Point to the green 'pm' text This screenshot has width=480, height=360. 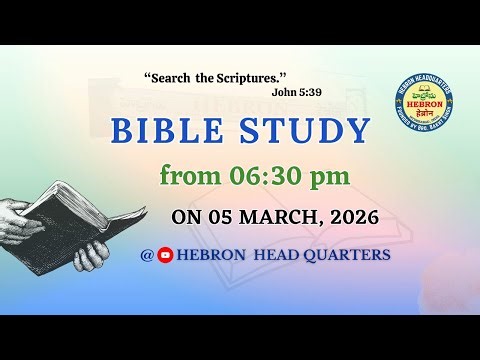click(x=331, y=178)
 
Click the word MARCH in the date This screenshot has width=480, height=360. click(x=259, y=216)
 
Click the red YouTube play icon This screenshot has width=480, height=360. click(x=166, y=255)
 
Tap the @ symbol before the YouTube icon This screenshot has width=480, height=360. click(x=148, y=255)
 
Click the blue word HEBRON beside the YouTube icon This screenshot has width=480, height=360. click(x=211, y=255)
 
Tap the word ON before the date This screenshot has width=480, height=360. click(x=185, y=216)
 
